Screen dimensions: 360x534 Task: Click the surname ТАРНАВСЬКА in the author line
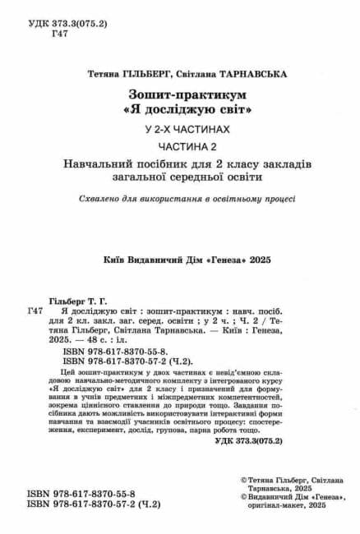[250, 74]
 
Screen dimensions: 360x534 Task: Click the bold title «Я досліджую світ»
[180, 109]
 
